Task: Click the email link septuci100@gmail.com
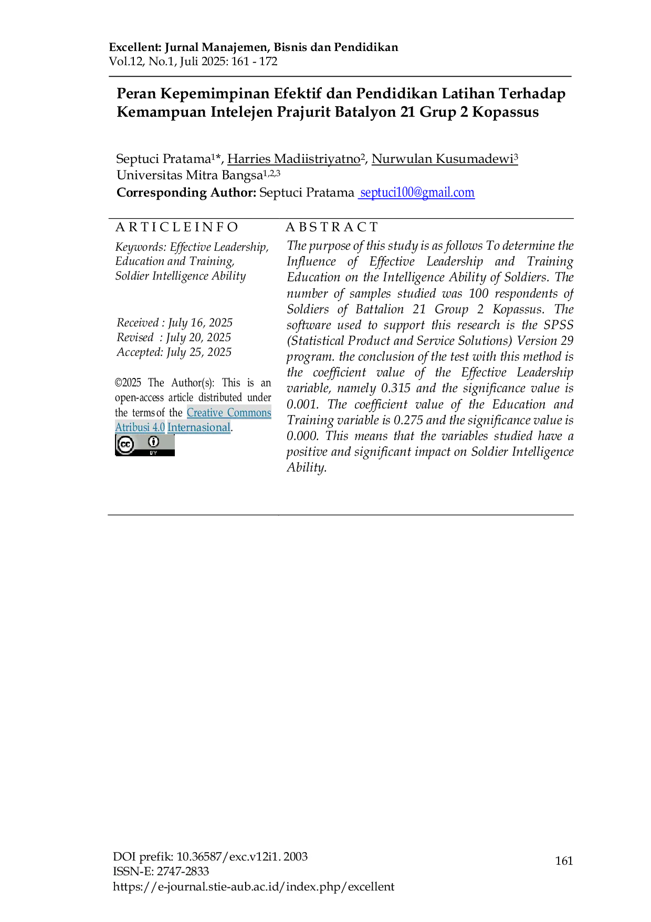pos(417,193)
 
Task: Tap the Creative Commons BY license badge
pos(145,445)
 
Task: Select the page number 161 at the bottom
pos(564,860)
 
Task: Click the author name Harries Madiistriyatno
pos(294,159)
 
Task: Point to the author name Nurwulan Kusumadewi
pos(443,159)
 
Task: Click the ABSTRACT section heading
pos(332,227)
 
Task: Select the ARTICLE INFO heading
pos(177,227)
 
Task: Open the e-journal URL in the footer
pos(254,887)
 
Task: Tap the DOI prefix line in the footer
pos(211,857)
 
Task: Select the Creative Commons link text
pos(229,413)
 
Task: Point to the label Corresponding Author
pos(186,193)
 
